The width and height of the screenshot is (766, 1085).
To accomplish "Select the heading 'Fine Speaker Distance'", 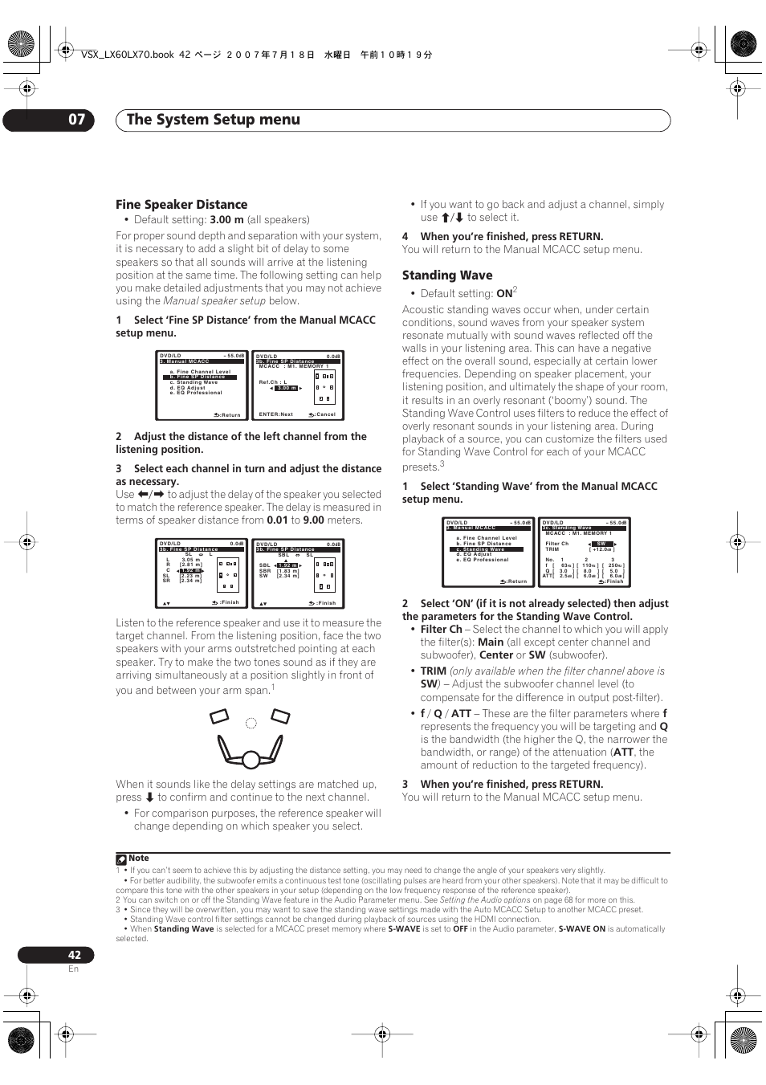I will [181, 205].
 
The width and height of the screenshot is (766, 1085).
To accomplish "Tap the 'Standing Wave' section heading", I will [447, 275].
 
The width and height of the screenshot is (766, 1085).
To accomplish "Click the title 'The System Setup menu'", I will [214, 120].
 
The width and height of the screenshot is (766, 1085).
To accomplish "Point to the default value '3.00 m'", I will [226, 220].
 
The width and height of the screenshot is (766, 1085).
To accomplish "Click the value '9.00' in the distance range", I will [313, 520].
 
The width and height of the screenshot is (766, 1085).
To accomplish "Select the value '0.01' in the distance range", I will [277, 520].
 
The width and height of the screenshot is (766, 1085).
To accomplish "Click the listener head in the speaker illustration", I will [251, 759].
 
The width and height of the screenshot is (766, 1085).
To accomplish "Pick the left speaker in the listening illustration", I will [219, 716].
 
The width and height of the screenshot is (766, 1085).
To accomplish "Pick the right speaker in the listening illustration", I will [280, 716].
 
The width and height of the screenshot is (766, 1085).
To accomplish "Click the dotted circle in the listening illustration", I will [251, 724].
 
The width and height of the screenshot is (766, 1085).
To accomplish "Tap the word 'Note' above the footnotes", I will [139, 859].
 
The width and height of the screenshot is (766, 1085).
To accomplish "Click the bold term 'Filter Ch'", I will [442, 630].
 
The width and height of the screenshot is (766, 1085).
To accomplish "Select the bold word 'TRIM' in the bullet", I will [434, 671].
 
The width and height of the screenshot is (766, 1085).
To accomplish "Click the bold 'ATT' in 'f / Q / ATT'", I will [461, 714].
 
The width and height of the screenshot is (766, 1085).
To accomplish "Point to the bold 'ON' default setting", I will [504, 294].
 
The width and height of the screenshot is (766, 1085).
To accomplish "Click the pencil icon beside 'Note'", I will [121, 859].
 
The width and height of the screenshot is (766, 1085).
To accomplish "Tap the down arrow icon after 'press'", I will [149, 797].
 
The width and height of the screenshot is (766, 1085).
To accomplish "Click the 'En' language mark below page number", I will [73, 969].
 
